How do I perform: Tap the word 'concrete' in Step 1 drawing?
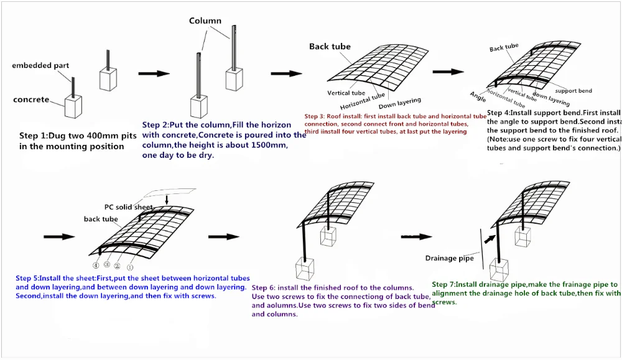point(31,99)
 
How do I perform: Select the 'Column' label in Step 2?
point(205,21)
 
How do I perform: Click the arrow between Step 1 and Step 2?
point(154,73)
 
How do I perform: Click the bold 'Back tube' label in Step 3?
point(330,47)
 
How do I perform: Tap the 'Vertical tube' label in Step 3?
point(346,93)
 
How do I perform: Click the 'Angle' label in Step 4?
point(478,96)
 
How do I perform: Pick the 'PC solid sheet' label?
point(128,207)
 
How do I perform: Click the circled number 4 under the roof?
point(96,265)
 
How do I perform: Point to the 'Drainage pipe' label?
point(449,258)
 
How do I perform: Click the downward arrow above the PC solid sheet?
point(167,199)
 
